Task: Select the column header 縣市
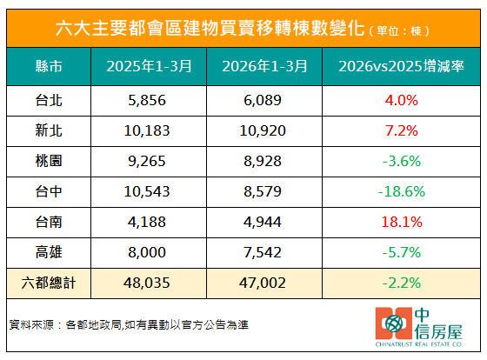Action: (51, 67)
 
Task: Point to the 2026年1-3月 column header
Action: (269, 67)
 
